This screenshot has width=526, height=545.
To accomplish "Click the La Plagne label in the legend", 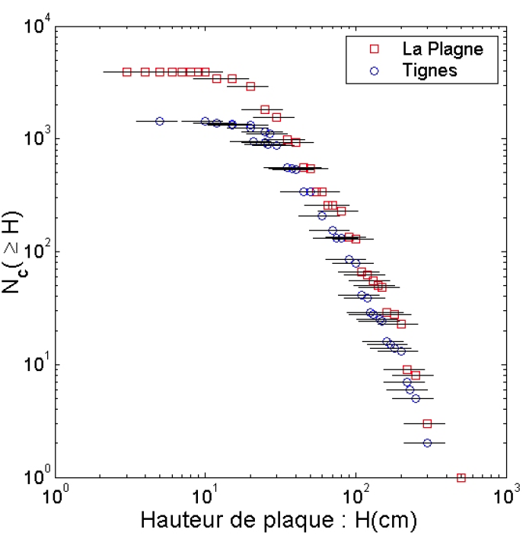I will [x=442, y=50].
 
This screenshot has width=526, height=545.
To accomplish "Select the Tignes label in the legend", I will [x=430, y=71].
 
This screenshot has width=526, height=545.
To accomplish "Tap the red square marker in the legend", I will [x=374, y=50].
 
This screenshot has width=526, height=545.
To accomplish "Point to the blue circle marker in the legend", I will [x=374, y=71].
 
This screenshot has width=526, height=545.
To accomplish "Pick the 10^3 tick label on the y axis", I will [x=36, y=138].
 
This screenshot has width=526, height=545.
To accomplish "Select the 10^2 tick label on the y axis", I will [x=36, y=251].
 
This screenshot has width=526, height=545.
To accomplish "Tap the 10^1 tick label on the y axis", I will [x=36, y=363].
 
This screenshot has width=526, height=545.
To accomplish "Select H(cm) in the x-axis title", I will [x=384, y=521].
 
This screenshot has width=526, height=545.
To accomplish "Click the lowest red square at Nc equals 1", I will [x=461, y=477].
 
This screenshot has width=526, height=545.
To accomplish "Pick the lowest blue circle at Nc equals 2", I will [x=427, y=442].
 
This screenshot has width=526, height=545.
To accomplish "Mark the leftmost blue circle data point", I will [x=159, y=121].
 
